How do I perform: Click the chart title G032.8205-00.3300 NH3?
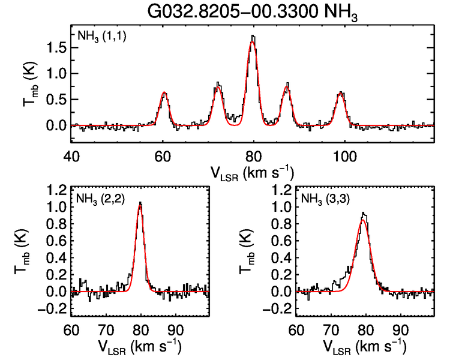tap(254, 12)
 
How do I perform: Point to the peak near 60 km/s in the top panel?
tap(164, 93)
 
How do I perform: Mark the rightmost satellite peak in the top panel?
tap(341, 93)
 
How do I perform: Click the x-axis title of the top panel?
tap(252, 172)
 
